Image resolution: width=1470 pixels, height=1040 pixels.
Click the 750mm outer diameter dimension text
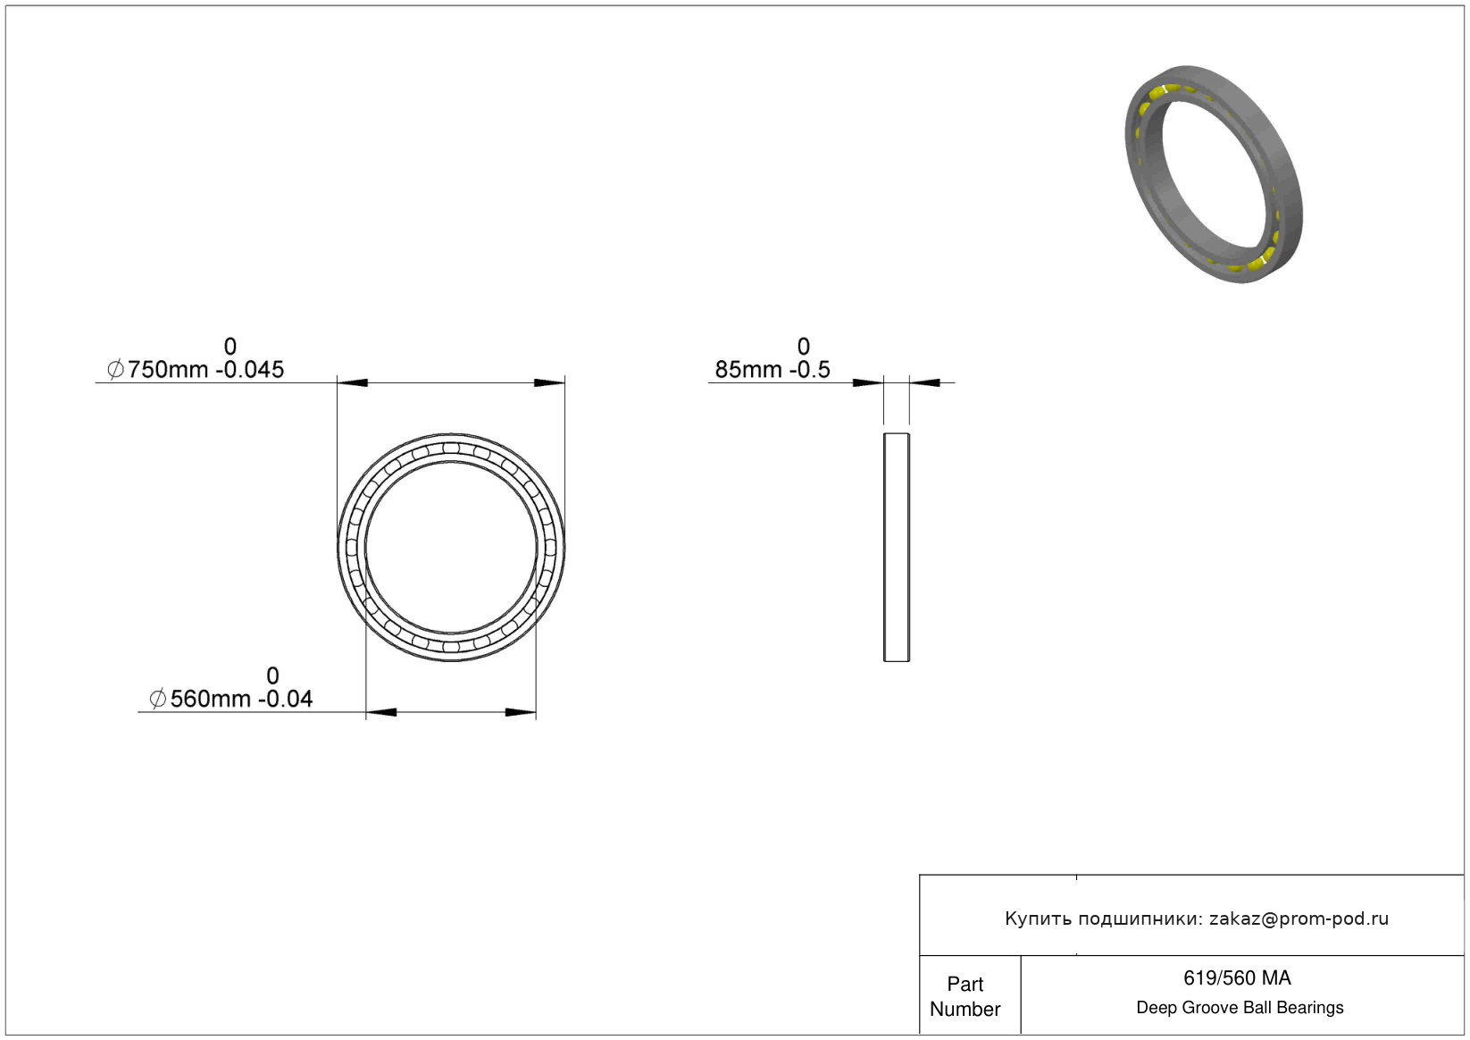[x=168, y=370]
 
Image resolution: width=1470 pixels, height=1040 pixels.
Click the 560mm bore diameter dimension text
[x=211, y=699]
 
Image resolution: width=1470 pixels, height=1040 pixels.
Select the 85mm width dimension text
[x=748, y=370]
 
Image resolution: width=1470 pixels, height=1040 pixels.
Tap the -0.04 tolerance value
[x=286, y=699]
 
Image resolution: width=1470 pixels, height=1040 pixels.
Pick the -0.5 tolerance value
[x=810, y=370]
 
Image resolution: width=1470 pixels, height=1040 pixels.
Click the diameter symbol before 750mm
[x=115, y=370]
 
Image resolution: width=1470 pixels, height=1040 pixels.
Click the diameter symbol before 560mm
[x=157, y=699]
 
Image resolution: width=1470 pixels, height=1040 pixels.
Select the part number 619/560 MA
[x=1237, y=978]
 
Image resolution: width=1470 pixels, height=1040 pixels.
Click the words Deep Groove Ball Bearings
[x=1240, y=1008]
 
